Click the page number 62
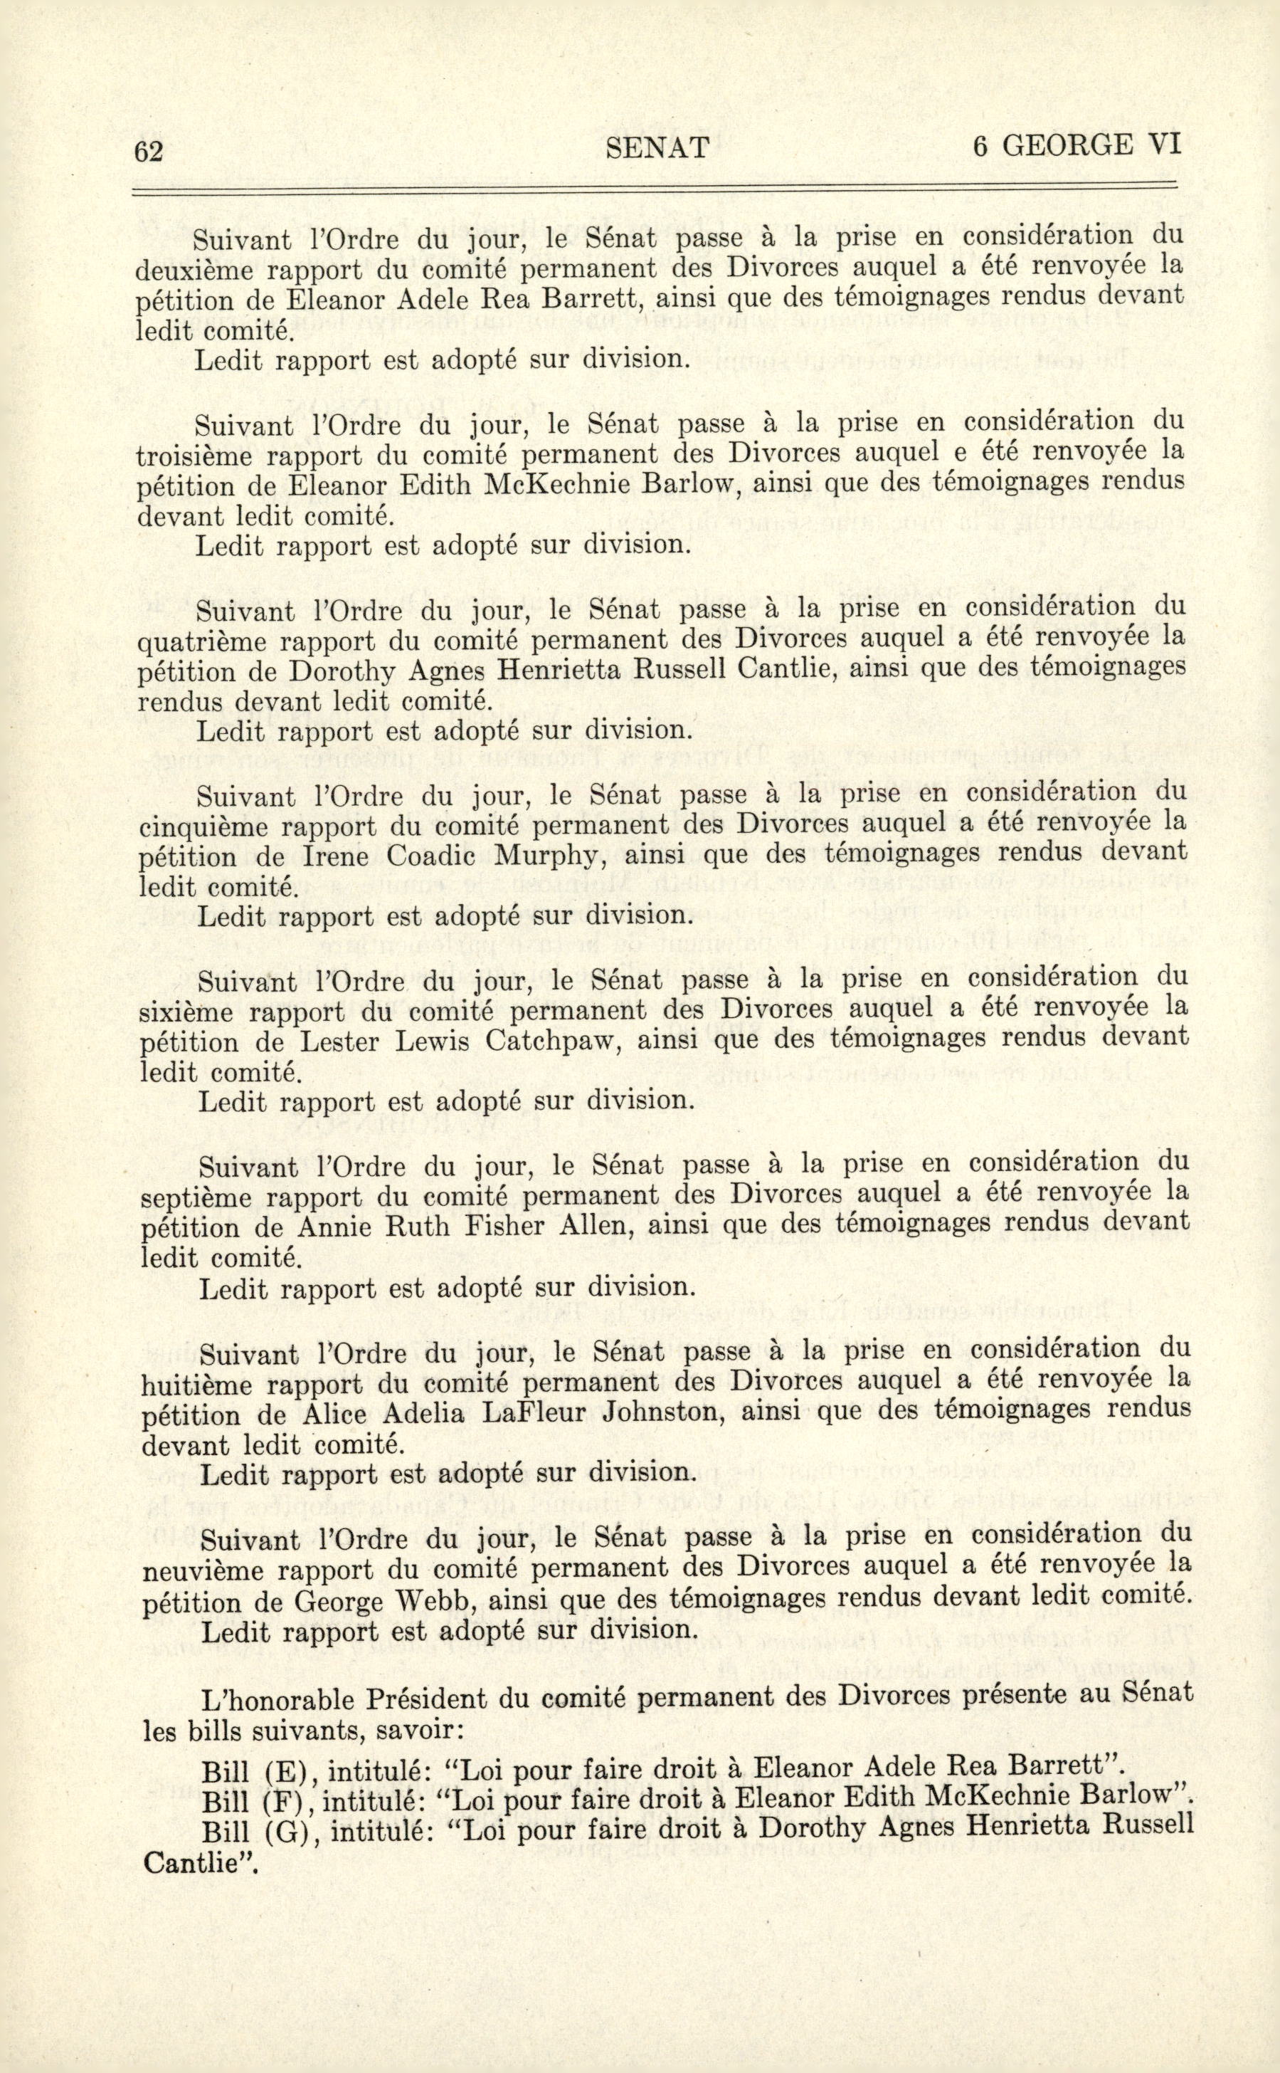(149, 151)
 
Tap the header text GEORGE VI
(1090, 146)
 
